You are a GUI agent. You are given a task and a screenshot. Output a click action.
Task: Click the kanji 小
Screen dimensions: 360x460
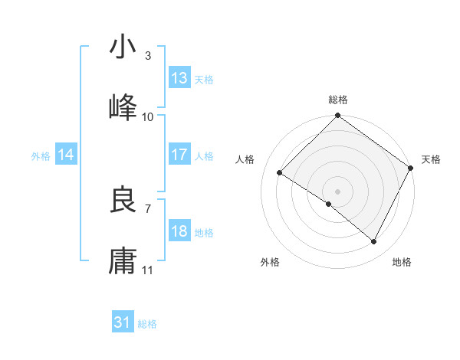(x=123, y=47)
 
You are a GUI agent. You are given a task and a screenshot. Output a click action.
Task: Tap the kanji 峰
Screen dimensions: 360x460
(x=123, y=108)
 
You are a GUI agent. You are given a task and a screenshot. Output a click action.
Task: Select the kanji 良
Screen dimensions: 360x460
(x=123, y=200)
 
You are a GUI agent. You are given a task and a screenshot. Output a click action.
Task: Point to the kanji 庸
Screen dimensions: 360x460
(x=123, y=261)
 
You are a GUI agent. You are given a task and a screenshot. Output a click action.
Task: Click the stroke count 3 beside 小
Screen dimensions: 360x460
(x=148, y=55)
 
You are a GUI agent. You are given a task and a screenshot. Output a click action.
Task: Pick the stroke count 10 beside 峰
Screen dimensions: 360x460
(x=148, y=116)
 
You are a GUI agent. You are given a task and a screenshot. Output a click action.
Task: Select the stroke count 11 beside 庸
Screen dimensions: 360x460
(x=148, y=270)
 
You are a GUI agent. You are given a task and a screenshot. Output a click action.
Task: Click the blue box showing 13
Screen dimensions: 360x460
(x=179, y=78)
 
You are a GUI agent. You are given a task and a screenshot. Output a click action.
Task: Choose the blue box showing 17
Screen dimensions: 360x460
(x=179, y=155)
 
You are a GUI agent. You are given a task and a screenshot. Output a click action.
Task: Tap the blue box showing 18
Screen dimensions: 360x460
(x=179, y=231)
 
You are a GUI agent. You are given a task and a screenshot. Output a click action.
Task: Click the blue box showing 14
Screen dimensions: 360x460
(x=66, y=155)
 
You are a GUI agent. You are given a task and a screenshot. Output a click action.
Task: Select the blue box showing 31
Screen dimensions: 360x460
(x=123, y=322)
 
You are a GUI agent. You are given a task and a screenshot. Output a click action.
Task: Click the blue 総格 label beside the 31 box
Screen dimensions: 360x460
(x=147, y=324)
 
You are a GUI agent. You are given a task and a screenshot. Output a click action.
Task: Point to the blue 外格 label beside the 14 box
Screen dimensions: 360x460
(x=41, y=156)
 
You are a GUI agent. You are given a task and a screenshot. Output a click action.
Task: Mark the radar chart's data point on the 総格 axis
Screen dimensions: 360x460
(x=337, y=116)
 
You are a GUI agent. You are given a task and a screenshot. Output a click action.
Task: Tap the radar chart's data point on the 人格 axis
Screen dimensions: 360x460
(x=281, y=172)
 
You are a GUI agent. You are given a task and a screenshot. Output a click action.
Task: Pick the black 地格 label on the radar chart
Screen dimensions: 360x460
(x=402, y=262)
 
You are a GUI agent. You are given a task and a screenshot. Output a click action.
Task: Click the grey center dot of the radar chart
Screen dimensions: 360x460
(x=337, y=191)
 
